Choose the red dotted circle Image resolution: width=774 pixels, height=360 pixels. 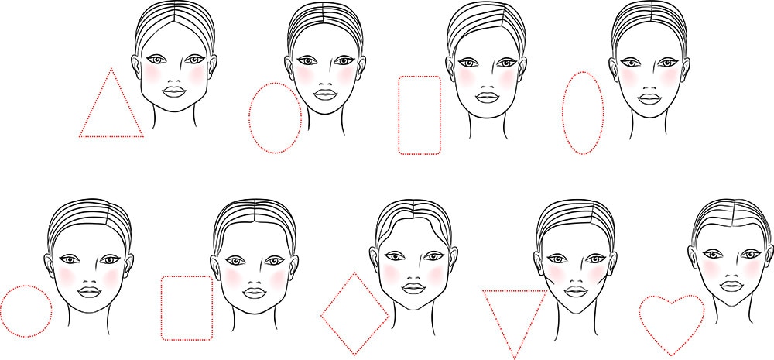tap(26, 310)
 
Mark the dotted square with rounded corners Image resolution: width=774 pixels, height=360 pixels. tap(187, 307)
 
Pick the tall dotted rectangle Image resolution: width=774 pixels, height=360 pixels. tap(419, 115)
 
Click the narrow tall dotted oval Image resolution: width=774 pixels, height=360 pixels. tap(582, 112)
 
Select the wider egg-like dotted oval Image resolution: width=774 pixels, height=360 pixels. tap(275, 118)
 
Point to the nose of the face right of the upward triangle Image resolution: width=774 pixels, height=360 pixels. tap(174, 76)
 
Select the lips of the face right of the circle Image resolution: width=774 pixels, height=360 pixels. tap(90, 292)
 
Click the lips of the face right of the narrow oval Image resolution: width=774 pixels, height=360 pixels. tap(648, 98)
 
